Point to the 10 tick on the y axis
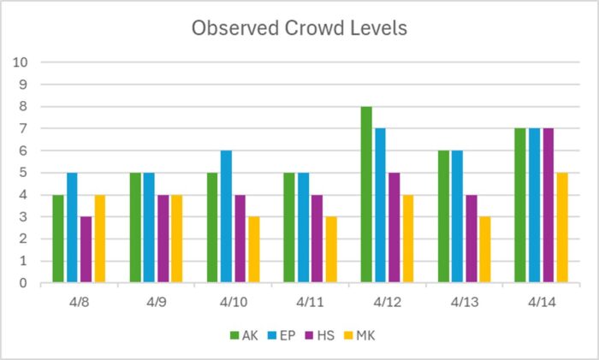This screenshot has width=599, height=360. click(x=21, y=62)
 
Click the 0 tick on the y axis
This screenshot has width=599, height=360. click(x=24, y=283)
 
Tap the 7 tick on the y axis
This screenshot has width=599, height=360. click(x=24, y=128)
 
